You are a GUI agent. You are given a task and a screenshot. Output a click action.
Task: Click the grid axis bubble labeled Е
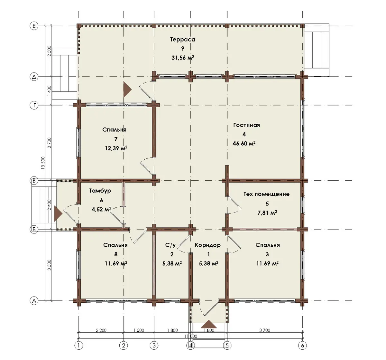coord(34,26)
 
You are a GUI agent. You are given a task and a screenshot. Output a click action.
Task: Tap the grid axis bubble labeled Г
coord(34,105)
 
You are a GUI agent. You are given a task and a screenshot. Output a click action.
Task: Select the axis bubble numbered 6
coord(302,346)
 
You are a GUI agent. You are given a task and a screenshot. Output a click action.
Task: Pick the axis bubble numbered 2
coord(124,346)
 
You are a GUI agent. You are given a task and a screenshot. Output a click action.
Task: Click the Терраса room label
coord(182,40)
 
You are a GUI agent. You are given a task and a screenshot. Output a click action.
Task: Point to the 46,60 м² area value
coord(244,143)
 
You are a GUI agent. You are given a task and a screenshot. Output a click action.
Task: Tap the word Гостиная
coord(246,125)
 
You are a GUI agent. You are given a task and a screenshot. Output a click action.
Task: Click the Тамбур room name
coord(100,191)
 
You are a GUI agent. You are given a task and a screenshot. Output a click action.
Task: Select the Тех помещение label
coord(266,194)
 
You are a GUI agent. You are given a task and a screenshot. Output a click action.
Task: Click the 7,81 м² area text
coord(267,213)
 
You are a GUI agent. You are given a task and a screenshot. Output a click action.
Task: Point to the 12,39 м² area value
coord(116,148)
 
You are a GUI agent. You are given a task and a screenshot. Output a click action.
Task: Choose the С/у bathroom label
coord(170,245)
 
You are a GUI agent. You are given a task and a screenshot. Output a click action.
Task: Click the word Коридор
coord(207,245)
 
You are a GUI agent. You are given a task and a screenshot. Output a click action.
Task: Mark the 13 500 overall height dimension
coord(43,163)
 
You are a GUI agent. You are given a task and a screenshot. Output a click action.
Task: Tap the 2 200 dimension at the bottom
coord(101,330)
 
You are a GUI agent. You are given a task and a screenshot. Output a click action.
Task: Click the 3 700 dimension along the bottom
coord(265,330)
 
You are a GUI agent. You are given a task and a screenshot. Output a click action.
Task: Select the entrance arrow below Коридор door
coord(209,324)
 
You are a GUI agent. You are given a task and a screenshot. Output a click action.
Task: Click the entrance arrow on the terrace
coord(127,90)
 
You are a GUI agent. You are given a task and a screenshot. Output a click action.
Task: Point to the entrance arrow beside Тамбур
coord(58,213)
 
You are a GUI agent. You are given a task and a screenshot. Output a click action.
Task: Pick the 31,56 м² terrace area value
coord(183,58)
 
